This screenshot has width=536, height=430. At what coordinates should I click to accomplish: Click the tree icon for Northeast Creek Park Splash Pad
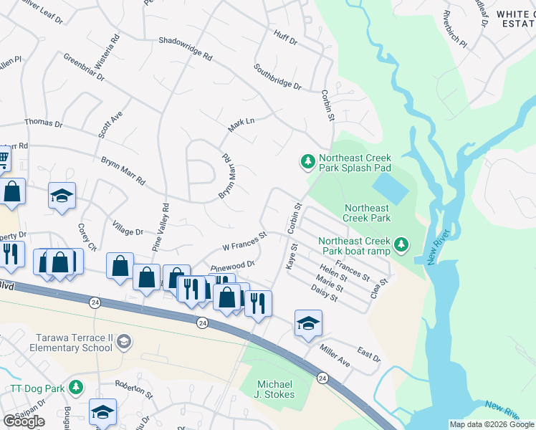(x=308, y=162)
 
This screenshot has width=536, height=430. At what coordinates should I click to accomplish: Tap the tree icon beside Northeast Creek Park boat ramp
(x=402, y=246)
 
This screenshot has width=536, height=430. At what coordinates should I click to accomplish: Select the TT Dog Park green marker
(x=77, y=388)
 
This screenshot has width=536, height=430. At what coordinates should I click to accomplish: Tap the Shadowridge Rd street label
(x=186, y=49)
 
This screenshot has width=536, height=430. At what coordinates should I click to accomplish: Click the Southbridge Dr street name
(x=277, y=76)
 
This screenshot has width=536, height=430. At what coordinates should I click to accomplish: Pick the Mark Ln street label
(x=241, y=125)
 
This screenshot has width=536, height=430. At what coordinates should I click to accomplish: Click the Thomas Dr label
(x=44, y=123)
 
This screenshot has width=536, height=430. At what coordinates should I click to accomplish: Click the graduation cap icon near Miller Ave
(x=308, y=324)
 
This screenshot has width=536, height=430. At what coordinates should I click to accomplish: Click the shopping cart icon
(x=3, y=157)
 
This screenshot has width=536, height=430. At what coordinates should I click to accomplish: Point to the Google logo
(x=24, y=421)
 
